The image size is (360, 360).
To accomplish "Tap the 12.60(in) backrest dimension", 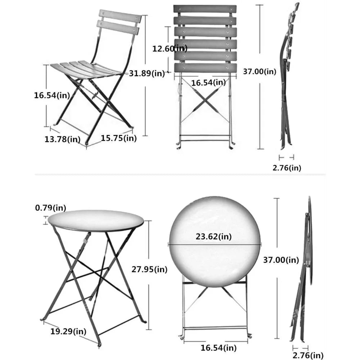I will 170,48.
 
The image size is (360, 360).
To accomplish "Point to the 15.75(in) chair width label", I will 118,138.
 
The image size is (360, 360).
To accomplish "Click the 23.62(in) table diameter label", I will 214,237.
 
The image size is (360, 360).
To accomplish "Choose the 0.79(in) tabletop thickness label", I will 50,208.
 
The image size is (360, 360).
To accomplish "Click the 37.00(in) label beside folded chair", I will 260,72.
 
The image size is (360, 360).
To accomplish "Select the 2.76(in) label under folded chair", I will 287,167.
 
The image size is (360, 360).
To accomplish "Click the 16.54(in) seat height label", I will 52,95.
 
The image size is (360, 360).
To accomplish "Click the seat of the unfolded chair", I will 86,68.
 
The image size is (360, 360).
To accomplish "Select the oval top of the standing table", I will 95,220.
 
